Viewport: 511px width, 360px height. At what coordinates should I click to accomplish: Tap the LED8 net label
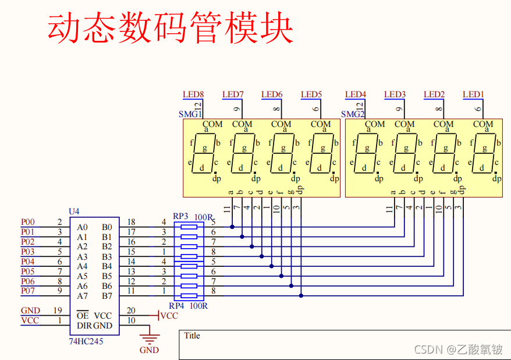click(193, 94)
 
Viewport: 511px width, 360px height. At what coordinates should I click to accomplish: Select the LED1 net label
click(473, 94)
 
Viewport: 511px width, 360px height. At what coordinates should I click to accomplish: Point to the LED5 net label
click(311, 94)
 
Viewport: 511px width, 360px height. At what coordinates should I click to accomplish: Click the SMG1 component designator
click(190, 114)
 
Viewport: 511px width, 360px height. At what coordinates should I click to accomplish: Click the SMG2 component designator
click(352, 114)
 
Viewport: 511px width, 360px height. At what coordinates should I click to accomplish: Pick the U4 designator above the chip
click(74, 211)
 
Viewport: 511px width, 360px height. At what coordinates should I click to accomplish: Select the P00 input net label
click(28, 222)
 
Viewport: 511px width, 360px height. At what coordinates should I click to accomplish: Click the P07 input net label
click(28, 291)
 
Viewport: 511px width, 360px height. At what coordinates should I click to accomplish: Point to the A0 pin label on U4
click(82, 227)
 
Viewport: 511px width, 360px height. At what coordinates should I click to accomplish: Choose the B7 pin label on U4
click(107, 296)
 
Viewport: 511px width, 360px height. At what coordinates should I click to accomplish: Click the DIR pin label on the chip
click(84, 326)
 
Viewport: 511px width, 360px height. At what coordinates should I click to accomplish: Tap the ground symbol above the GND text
click(150, 337)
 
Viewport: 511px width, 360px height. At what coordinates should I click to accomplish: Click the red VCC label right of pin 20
click(169, 316)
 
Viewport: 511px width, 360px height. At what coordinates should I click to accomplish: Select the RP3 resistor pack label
click(181, 216)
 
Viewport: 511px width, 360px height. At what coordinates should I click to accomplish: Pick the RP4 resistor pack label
click(176, 306)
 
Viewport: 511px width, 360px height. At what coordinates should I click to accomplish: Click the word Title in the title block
click(192, 336)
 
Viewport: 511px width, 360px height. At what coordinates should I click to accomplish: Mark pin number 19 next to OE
click(58, 311)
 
